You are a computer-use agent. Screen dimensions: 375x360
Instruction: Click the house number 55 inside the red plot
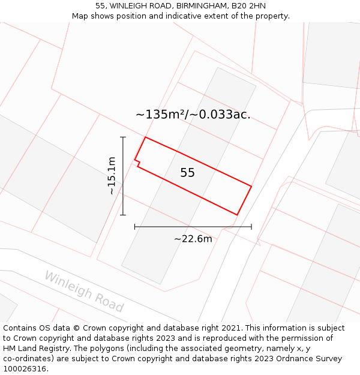187,173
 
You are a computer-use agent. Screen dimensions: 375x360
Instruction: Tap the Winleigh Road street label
83,292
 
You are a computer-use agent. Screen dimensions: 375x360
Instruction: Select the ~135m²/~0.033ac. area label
193,114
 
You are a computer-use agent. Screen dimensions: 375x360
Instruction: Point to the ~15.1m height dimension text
112,175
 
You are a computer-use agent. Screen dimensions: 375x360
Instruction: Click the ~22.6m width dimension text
193,239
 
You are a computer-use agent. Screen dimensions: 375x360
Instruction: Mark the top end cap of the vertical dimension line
123,137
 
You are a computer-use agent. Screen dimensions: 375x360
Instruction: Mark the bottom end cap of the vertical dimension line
123,214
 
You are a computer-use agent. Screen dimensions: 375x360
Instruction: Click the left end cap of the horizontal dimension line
135,227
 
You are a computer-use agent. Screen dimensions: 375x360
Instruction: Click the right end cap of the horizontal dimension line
251,227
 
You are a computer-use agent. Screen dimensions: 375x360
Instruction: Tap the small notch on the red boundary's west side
137,163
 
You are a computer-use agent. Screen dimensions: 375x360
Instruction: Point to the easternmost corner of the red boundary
251,187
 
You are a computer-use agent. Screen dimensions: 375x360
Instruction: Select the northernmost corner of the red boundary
145,137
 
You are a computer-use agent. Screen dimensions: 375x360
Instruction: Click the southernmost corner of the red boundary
237,214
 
